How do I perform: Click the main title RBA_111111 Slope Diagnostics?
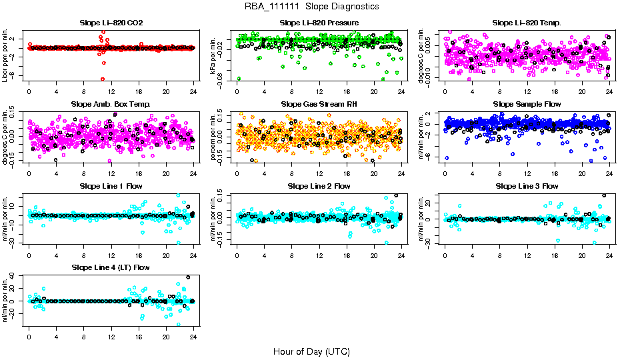pyautogui.click(x=311, y=6)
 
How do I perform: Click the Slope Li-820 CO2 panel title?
pyautogui.click(x=111, y=23)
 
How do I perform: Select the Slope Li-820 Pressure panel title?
pyautogui.click(x=319, y=23)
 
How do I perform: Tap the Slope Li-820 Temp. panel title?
pyautogui.click(x=527, y=23)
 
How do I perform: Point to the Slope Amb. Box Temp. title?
pyautogui.click(x=111, y=104)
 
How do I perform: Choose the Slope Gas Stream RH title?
pyautogui.click(x=319, y=104)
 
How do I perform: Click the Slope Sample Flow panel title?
pyautogui.click(x=527, y=104)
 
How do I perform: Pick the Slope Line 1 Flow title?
pyautogui.click(x=111, y=186)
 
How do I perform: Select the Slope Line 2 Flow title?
pyautogui.click(x=319, y=186)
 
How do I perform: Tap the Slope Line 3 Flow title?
pyautogui.click(x=527, y=186)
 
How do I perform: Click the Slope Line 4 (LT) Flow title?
pyautogui.click(x=111, y=267)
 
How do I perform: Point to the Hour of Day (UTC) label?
pyautogui.click(x=311, y=351)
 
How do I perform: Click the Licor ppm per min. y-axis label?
pyautogui.click(x=5, y=56)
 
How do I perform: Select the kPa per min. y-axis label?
pyautogui.click(x=213, y=56)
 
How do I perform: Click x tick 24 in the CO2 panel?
pyautogui.click(x=193, y=91)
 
